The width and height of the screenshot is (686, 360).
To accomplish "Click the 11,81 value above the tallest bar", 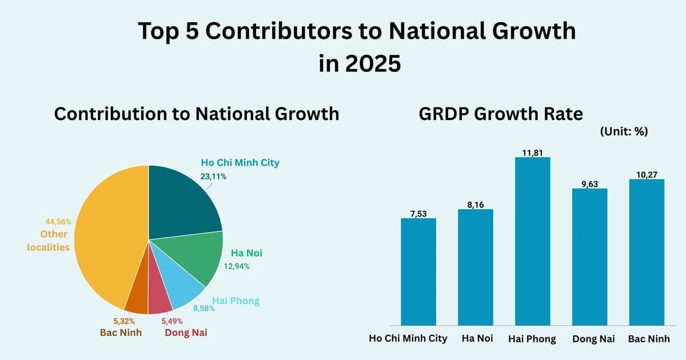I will coord(532,151).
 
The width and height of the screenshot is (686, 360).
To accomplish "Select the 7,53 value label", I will coord(418,213).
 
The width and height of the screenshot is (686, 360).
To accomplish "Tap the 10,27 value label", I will coord(647,174).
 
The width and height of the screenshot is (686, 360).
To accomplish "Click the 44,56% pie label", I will coord(58,222).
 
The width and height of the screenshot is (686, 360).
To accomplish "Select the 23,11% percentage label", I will coord(213,177).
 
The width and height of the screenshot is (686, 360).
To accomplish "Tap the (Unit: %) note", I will coord(624,131).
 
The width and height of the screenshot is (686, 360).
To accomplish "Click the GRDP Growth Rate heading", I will coord(501,114).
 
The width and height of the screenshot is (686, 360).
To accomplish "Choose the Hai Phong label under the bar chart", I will coord(532,339).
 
